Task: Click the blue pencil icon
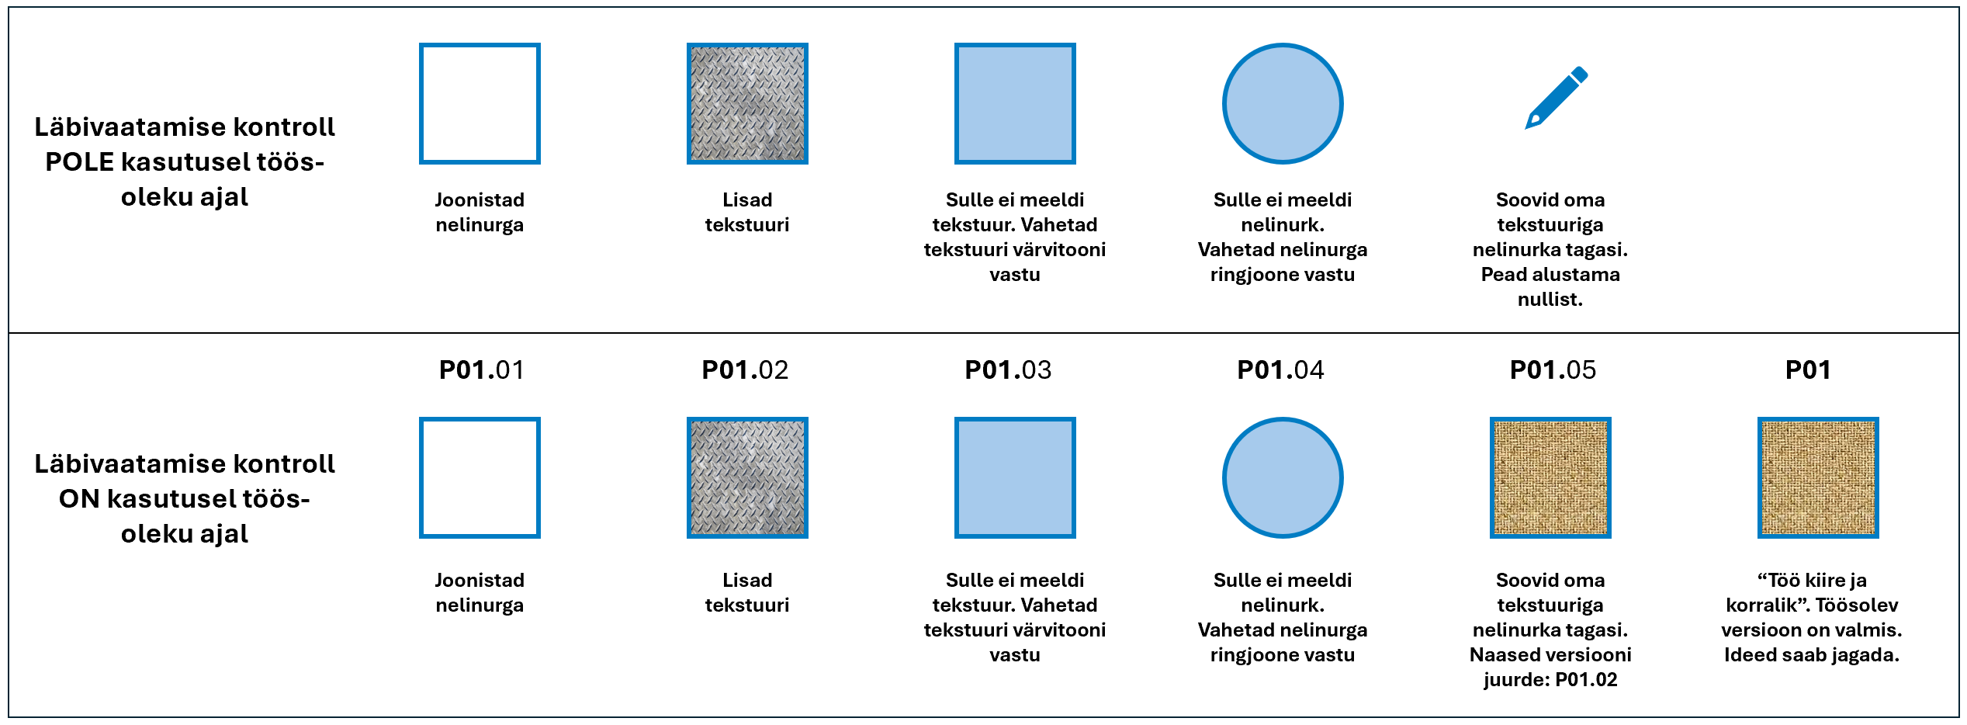click(1557, 98)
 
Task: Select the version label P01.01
click(481, 370)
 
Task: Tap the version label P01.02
click(745, 370)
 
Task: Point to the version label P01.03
click(1008, 370)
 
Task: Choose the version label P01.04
click(1280, 370)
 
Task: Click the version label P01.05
click(1553, 370)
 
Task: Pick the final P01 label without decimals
click(1808, 370)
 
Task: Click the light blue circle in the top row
click(1283, 103)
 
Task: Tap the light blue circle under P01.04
click(1283, 477)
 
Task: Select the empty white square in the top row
click(480, 103)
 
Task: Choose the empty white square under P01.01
click(480, 477)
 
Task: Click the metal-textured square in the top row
click(747, 103)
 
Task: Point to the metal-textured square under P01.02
click(747, 477)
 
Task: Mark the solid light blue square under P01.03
click(1015, 477)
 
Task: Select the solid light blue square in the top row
click(1015, 103)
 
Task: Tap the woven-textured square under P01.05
click(1550, 477)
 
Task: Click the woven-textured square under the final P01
click(1818, 477)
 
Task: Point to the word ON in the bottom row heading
click(78, 499)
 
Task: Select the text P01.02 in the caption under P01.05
click(1586, 680)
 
